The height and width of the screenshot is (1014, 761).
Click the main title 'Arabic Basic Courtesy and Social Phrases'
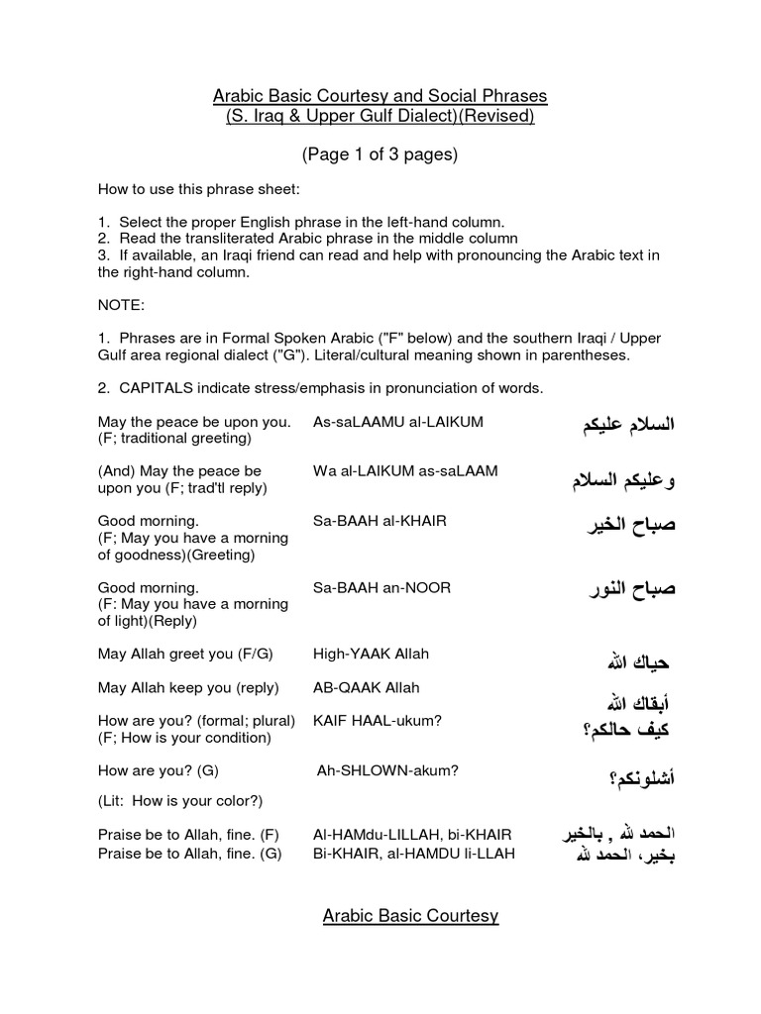380,96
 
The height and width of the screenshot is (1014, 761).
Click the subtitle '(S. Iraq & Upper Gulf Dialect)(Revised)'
380,117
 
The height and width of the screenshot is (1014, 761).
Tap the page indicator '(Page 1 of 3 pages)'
380,155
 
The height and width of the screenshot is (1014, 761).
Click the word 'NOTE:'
121,305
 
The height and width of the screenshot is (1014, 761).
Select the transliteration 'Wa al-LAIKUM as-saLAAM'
405,471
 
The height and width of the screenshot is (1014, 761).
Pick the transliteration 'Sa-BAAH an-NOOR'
381,588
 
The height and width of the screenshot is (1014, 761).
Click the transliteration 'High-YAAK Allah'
371,655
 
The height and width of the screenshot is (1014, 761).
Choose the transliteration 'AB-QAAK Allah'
367,687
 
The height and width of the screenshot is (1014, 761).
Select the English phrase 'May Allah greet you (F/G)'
185,655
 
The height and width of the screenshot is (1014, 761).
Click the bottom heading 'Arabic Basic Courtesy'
410,916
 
